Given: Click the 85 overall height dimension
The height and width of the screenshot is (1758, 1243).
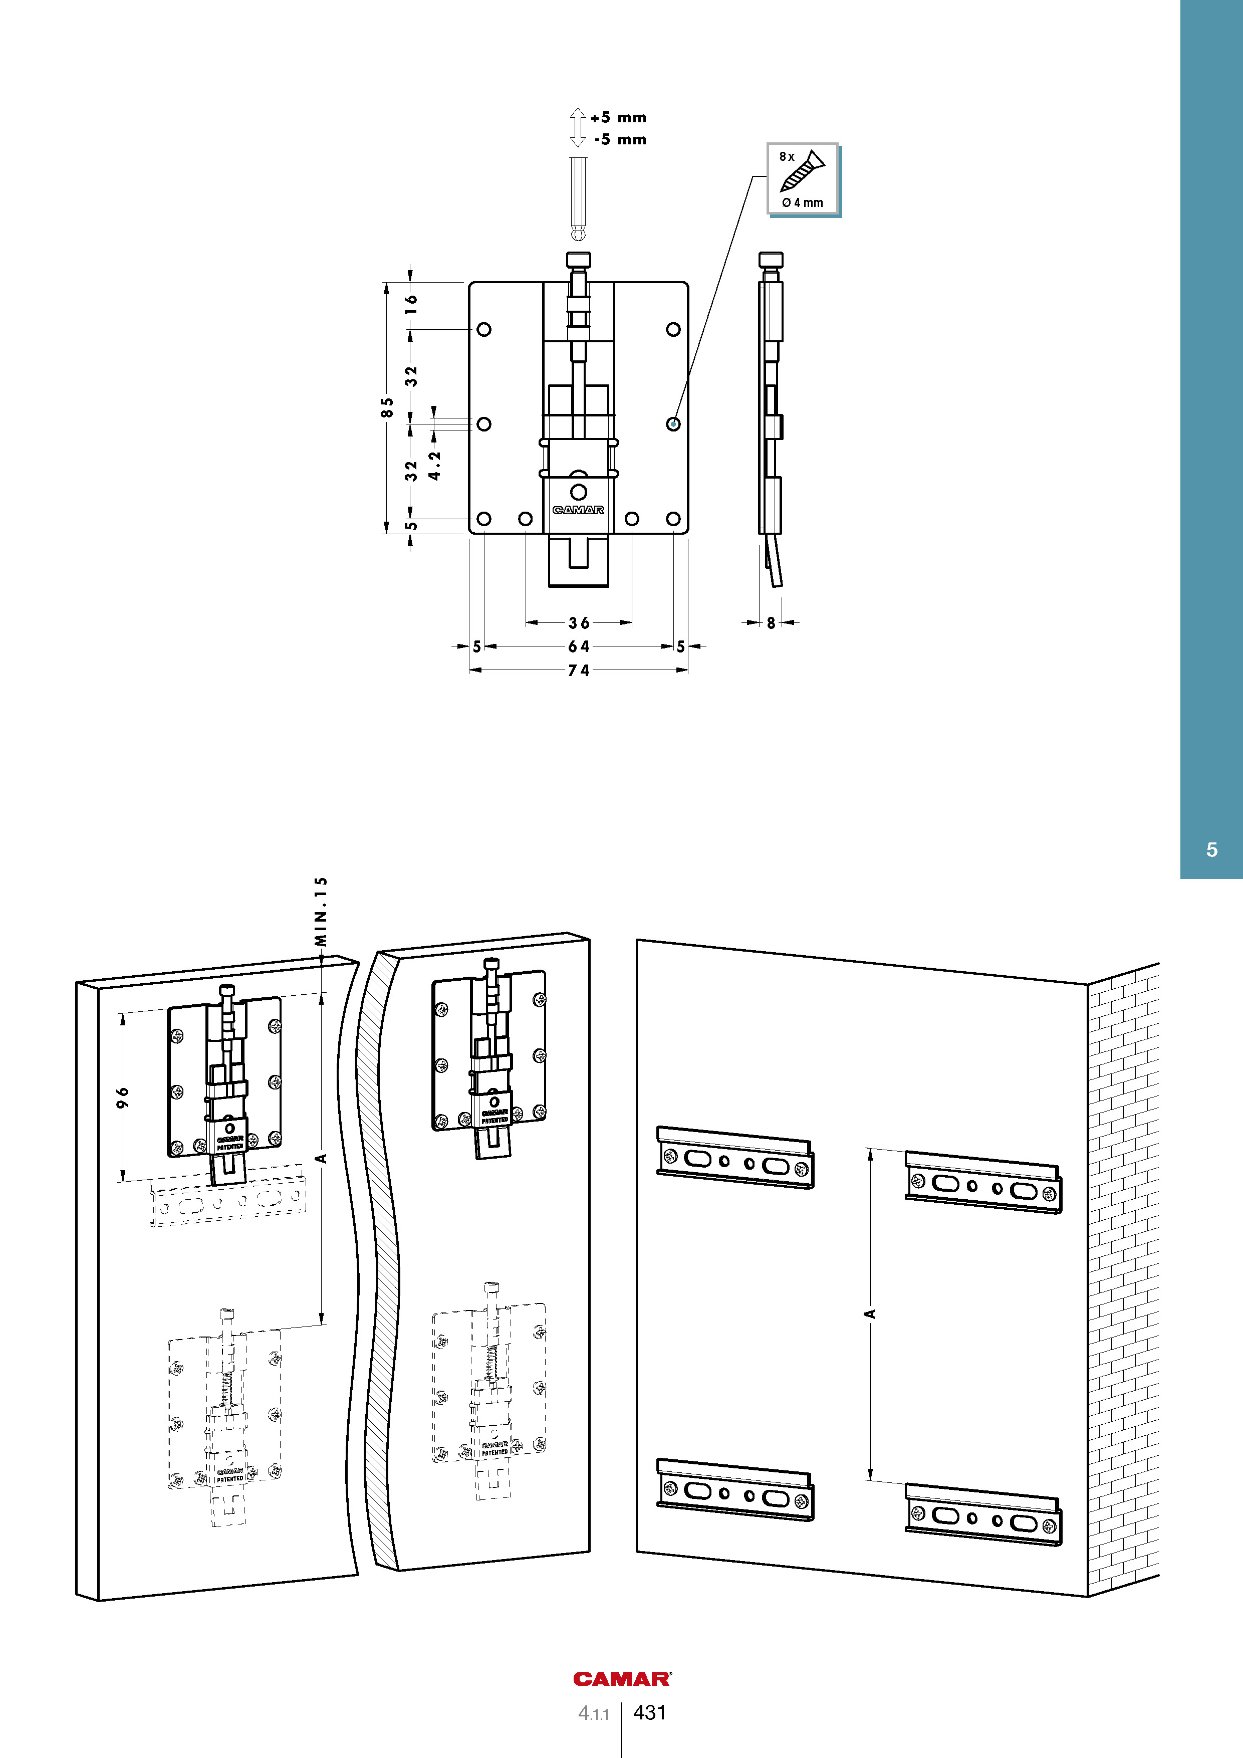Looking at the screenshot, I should click(x=388, y=407).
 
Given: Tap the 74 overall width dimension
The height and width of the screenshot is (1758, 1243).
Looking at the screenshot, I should click(x=579, y=671).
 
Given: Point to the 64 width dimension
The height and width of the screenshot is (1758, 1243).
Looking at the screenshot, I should click(x=579, y=647).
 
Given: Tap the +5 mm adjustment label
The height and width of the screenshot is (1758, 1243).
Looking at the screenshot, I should click(x=618, y=118).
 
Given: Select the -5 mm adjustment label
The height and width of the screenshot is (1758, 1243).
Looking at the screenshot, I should click(x=620, y=139).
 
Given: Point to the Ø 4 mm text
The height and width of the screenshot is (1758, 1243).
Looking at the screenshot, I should click(x=802, y=203).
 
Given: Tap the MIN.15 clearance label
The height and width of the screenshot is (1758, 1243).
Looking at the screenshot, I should click(x=322, y=911).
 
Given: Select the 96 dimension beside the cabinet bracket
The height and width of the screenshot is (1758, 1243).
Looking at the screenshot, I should click(x=122, y=1096).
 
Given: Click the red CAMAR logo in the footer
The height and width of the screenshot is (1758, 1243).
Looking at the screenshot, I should click(x=621, y=1679).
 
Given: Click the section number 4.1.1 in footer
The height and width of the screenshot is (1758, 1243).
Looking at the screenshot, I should click(x=593, y=1713).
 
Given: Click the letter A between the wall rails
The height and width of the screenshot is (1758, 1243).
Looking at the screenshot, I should click(x=869, y=1314).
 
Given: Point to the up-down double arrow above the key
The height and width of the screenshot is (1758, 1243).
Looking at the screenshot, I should click(x=578, y=127).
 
